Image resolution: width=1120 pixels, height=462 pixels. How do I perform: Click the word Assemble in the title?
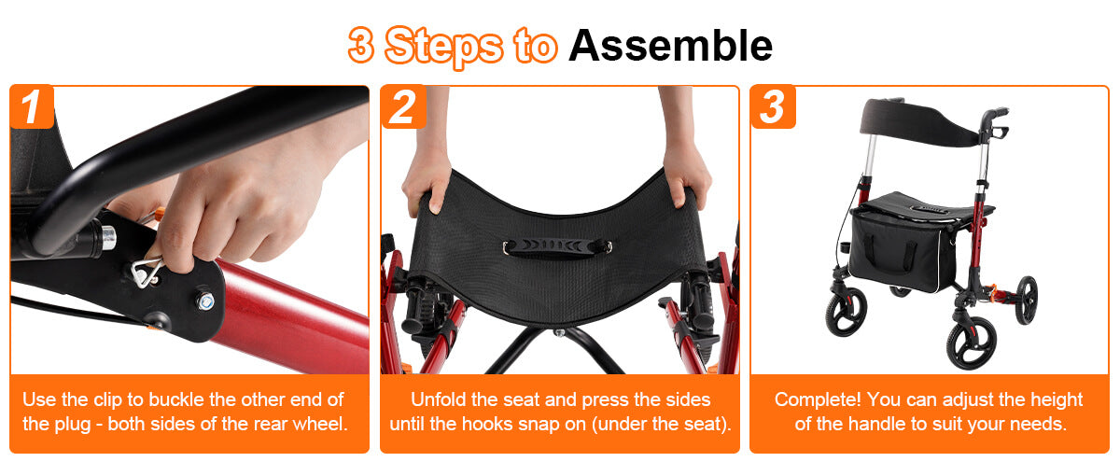click(670, 46)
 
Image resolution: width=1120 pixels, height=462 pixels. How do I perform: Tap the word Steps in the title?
click(444, 47)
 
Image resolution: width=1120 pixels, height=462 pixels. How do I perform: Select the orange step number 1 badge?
click(32, 106)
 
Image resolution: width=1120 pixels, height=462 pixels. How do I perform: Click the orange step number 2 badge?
click(403, 106)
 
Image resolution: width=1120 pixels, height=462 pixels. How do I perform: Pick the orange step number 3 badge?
click(773, 106)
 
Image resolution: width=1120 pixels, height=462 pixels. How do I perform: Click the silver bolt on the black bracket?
click(205, 301)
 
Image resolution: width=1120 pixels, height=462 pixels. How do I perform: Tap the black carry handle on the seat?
click(557, 247)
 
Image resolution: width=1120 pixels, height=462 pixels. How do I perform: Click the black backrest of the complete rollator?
click(919, 123)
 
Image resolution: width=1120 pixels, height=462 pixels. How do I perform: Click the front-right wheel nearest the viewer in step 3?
click(971, 346)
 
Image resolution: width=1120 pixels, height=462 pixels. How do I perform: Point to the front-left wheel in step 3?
click(846, 311)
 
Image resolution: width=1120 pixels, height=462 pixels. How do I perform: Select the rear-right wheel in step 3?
click(1026, 301)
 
